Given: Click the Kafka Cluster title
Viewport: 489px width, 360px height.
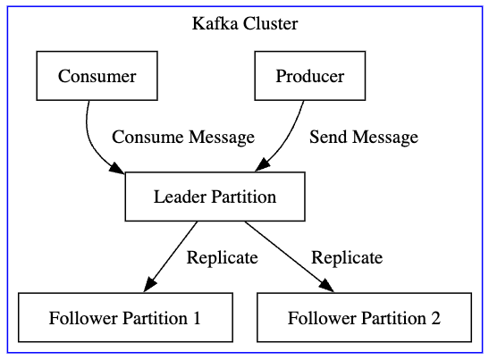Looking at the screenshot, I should click(245, 23).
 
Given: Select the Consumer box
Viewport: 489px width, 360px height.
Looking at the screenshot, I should click(97, 76).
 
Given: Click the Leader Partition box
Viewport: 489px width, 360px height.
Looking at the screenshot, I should click(215, 197).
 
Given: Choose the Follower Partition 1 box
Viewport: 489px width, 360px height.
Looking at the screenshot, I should click(125, 318).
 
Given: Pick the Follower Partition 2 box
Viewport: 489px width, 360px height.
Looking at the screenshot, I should click(364, 318).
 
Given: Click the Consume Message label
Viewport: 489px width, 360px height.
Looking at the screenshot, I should click(183, 137).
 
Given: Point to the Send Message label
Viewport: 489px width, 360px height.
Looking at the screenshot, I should click(364, 137).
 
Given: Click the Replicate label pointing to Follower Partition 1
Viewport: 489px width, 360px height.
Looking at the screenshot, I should click(222, 257).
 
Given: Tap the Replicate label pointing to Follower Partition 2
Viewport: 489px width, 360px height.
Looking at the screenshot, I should click(347, 257).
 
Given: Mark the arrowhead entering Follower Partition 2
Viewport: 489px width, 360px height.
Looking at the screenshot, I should click(326, 285).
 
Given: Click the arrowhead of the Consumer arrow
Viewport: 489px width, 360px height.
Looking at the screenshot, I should click(117, 169).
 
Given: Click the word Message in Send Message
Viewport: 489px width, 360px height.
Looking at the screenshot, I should click(385, 137).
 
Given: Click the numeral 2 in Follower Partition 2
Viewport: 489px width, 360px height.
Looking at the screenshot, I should click(435, 318).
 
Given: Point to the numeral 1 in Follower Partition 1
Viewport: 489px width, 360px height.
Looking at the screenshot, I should click(196, 318).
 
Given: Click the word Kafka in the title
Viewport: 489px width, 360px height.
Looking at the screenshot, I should click(213, 23).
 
